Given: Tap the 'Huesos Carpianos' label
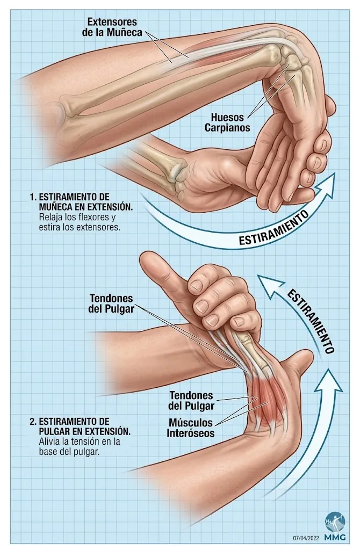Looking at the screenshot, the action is (x=227, y=122).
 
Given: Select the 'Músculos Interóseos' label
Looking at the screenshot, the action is (x=190, y=428).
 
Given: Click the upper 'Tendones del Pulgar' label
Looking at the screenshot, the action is (x=111, y=304).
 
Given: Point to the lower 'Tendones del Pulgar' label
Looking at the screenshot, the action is (x=191, y=401).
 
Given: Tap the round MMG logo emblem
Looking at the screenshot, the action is (x=335, y=522).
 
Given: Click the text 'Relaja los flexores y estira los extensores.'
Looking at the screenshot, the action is (x=80, y=222).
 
